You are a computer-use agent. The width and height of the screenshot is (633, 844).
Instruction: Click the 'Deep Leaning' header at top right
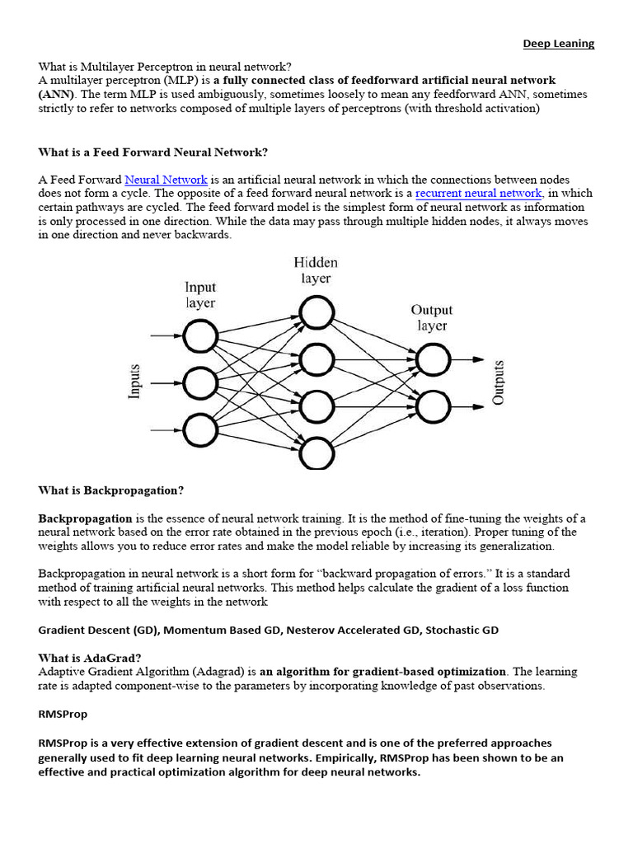(x=558, y=44)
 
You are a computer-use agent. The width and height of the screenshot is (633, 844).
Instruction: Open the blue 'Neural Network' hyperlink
(x=166, y=180)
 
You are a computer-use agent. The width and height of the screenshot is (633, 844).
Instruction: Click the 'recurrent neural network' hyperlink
(x=478, y=194)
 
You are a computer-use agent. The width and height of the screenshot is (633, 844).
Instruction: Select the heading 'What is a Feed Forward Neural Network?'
(x=153, y=152)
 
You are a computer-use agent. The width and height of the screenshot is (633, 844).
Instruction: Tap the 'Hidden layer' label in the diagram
(x=316, y=270)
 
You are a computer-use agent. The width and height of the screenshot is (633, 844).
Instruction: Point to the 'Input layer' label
(x=200, y=295)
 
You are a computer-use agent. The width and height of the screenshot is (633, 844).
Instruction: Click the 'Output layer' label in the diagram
(x=432, y=317)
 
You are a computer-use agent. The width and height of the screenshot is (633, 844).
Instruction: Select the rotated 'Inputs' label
(x=135, y=382)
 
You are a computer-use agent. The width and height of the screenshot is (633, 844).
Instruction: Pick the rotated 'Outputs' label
(x=498, y=382)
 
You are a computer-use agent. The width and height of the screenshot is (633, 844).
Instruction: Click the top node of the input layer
(x=200, y=336)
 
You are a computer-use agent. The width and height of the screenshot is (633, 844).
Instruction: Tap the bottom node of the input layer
(x=200, y=429)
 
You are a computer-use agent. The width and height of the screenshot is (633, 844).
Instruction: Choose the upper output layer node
(x=433, y=359)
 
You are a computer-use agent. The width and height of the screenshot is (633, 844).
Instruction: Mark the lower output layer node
(x=433, y=406)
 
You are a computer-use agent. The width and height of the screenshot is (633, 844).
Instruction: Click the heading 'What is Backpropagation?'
(x=111, y=490)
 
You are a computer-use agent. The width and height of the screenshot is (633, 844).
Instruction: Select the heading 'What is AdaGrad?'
(x=90, y=658)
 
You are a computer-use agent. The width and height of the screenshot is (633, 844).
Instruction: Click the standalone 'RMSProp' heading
(x=63, y=714)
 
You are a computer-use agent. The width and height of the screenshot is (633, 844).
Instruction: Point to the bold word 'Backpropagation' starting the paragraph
(x=85, y=518)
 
